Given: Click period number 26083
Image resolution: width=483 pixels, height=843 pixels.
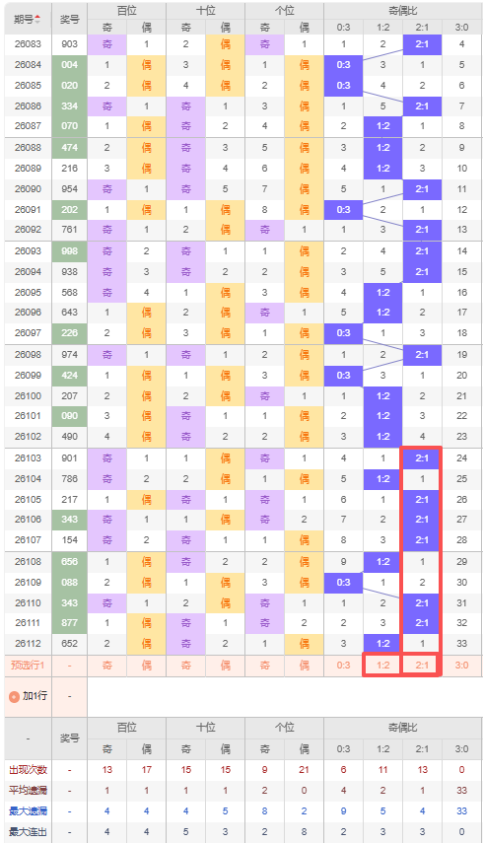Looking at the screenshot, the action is click(x=28, y=44).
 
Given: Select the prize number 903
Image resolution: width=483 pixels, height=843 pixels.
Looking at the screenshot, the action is click(x=69, y=44).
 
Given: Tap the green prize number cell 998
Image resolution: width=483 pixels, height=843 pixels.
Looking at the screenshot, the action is click(x=69, y=251).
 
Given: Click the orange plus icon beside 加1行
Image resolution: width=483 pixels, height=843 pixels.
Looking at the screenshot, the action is click(x=15, y=697).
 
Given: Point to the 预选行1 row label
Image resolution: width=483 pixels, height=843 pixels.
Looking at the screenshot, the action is click(x=28, y=666).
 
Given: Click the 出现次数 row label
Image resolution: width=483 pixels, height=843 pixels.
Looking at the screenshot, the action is click(x=28, y=770).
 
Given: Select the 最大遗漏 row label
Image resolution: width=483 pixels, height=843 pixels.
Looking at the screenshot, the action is click(x=28, y=811).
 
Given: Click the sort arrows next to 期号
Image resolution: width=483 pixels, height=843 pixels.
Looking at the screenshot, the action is click(x=37, y=20).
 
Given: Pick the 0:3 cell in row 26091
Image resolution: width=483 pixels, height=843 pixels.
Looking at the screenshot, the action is click(x=343, y=210).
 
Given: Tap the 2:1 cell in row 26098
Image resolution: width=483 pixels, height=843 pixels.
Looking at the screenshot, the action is click(x=422, y=355).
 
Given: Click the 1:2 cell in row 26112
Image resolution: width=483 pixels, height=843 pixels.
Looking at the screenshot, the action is click(x=383, y=644).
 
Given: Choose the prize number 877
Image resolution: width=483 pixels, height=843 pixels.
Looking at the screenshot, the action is click(x=69, y=623).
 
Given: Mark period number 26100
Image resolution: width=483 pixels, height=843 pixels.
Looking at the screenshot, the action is click(x=28, y=396).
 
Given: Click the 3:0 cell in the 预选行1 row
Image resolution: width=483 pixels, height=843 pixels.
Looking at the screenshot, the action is click(x=462, y=666).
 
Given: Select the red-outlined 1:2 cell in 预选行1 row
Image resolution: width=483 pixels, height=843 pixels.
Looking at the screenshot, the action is click(x=383, y=666).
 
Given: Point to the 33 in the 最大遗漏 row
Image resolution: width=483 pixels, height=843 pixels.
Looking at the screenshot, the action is click(x=462, y=811).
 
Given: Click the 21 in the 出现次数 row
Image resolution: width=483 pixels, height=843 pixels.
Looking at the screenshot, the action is click(x=304, y=770).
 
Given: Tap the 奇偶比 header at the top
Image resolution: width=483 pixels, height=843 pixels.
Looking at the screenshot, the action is click(x=402, y=10).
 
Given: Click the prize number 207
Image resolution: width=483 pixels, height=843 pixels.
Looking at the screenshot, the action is click(x=69, y=396).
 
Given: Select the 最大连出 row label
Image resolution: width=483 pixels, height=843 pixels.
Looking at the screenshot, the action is click(x=28, y=832).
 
